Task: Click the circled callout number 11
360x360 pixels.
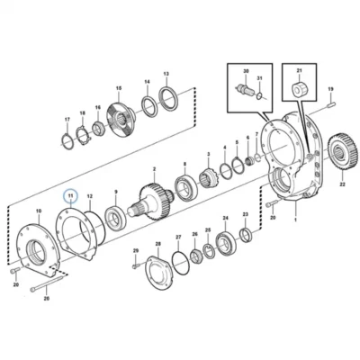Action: click(70, 195)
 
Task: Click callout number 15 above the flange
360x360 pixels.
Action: click(119, 88)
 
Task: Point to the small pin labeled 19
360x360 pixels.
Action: click(330, 104)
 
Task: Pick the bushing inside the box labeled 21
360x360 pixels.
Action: click(299, 88)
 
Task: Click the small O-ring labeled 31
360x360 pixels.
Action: click(260, 96)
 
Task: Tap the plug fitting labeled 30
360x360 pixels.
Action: click(245, 89)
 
